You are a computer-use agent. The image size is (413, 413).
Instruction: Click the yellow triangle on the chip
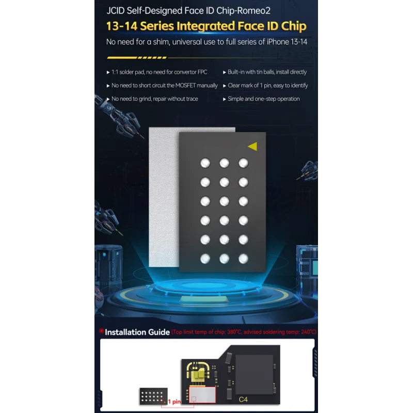[x=253, y=147]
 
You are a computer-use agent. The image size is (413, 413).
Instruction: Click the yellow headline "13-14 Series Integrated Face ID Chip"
[x=206, y=26]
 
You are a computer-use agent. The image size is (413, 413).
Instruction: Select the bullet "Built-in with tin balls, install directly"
[x=265, y=72]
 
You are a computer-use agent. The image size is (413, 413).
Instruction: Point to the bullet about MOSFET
[x=162, y=85]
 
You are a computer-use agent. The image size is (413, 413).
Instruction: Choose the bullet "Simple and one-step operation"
[x=261, y=99]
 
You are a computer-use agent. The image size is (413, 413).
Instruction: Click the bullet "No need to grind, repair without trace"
[x=152, y=99]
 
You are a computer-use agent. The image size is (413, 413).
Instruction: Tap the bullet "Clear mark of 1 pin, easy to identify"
[x=265, y=85]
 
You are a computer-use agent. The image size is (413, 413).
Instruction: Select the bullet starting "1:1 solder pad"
[x=157, y=72]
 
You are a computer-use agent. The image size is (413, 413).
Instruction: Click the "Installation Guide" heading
[x=137, y=332]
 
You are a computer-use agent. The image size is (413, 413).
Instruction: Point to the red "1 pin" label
[x=174, y=402]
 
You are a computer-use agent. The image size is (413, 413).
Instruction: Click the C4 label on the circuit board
[x=243, y=400]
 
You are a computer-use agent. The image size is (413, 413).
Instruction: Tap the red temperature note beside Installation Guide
[x=244, y=332]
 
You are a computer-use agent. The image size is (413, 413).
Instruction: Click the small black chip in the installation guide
[x=153, y=396]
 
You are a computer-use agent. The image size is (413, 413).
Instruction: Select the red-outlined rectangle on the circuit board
[x=202, y=395]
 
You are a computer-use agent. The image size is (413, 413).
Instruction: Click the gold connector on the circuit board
[x=198, y=372]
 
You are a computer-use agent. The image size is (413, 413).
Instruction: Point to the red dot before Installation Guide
[x=101, y=331]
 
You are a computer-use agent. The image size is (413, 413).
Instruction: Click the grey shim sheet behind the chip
[x=164, y=197]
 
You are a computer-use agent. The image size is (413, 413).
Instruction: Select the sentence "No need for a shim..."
[x=207, y=42]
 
